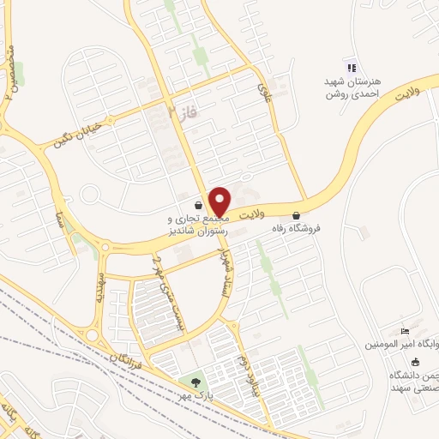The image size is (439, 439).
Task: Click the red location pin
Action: point(220,201)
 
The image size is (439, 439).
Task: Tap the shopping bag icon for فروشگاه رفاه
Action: point(297,215)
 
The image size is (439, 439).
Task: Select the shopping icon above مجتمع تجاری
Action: point(199,206)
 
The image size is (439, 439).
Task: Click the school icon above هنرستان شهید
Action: point(350,68)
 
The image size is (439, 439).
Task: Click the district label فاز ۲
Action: point(176,111)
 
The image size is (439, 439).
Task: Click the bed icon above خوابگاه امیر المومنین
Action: point(406,332)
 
